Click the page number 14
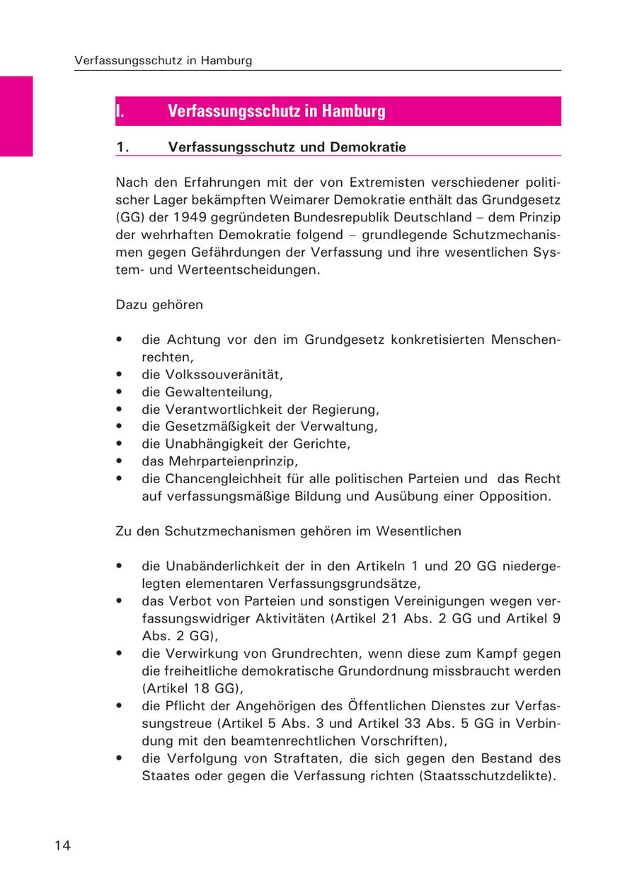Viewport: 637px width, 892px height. pos(62,845)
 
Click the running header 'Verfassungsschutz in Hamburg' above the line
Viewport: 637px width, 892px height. pos(163,61)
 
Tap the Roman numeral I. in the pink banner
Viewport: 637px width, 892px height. pos(121,111)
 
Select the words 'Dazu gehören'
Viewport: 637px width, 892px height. pos(159,305)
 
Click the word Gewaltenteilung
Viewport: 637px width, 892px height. pos(219,392)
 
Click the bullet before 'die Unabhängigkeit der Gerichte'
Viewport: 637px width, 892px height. pos(121,444)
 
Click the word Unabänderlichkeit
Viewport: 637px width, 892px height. pos(224,566)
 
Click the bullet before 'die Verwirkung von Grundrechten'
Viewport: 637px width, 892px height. pos(121,653)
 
